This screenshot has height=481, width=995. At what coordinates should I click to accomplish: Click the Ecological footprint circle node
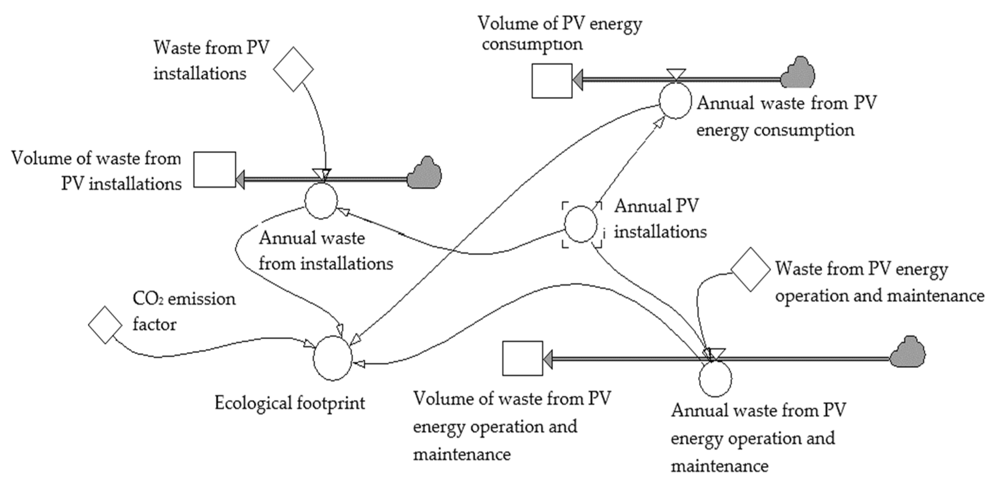coord(332,358)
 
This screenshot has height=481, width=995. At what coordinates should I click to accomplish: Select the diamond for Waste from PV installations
coord(293,69)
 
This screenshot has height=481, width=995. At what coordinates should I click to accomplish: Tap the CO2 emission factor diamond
coord(105,325)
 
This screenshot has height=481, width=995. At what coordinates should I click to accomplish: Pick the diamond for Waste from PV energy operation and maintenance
coord(750,269)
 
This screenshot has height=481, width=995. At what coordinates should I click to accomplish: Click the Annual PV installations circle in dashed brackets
coord(581,224)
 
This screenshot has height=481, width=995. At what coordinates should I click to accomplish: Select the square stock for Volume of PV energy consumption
coord(552,81)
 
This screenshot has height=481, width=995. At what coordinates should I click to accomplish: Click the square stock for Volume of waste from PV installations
coord(214,170)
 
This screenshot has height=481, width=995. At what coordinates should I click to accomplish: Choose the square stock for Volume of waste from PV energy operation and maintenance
coord(522,358)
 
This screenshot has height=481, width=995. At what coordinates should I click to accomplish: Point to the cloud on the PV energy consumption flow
coord(797,73)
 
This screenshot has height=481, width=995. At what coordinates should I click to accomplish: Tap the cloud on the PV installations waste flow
coord(425,173)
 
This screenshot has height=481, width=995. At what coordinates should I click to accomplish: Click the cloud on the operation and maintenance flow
coord(908,352)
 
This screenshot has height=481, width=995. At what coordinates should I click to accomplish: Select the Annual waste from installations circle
coord(321,201)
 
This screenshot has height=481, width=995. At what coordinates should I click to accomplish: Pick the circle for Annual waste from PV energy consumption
coord(675,101)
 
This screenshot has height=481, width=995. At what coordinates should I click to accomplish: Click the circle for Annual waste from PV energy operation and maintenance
coord(715,379)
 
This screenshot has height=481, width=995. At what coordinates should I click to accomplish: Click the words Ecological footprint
coord(289,403)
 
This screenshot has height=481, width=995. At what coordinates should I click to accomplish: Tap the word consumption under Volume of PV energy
coord(532,44)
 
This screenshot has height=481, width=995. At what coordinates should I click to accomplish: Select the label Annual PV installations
coord(660,219)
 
